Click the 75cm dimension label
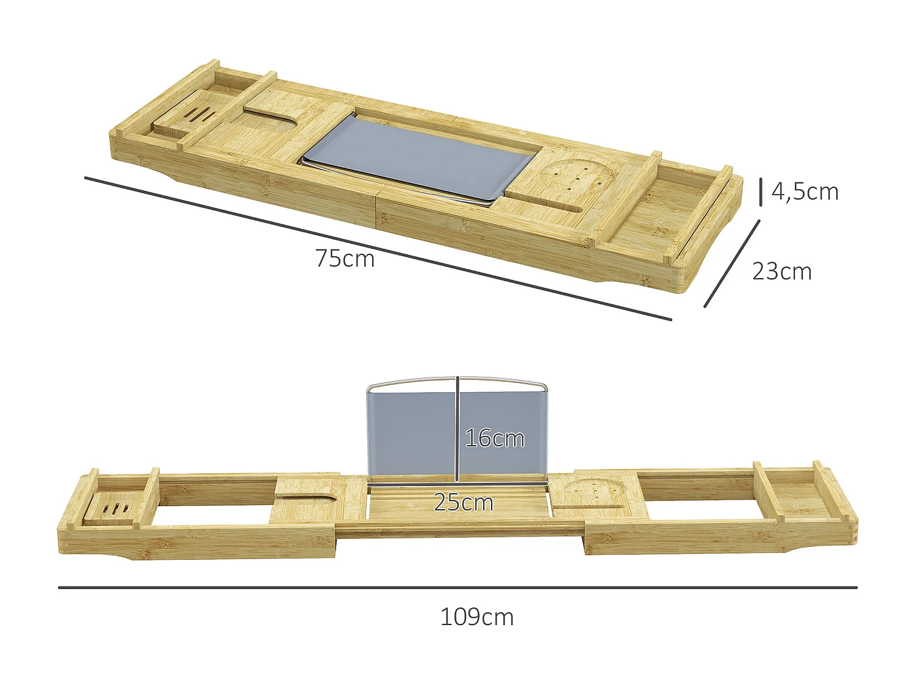pos(345,259)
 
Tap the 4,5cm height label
pos(805,191)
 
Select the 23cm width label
pos(781,271)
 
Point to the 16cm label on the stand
pos(494,438)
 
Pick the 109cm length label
pos(476,617)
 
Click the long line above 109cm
pos(457,588)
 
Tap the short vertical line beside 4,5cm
pos(761,191)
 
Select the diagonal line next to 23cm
pos(732,263)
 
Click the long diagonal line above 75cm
pos(378,248)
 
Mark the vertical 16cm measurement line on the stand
pos(457,427)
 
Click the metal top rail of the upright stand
pos(457,381)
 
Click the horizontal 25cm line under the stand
pos(457,484)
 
